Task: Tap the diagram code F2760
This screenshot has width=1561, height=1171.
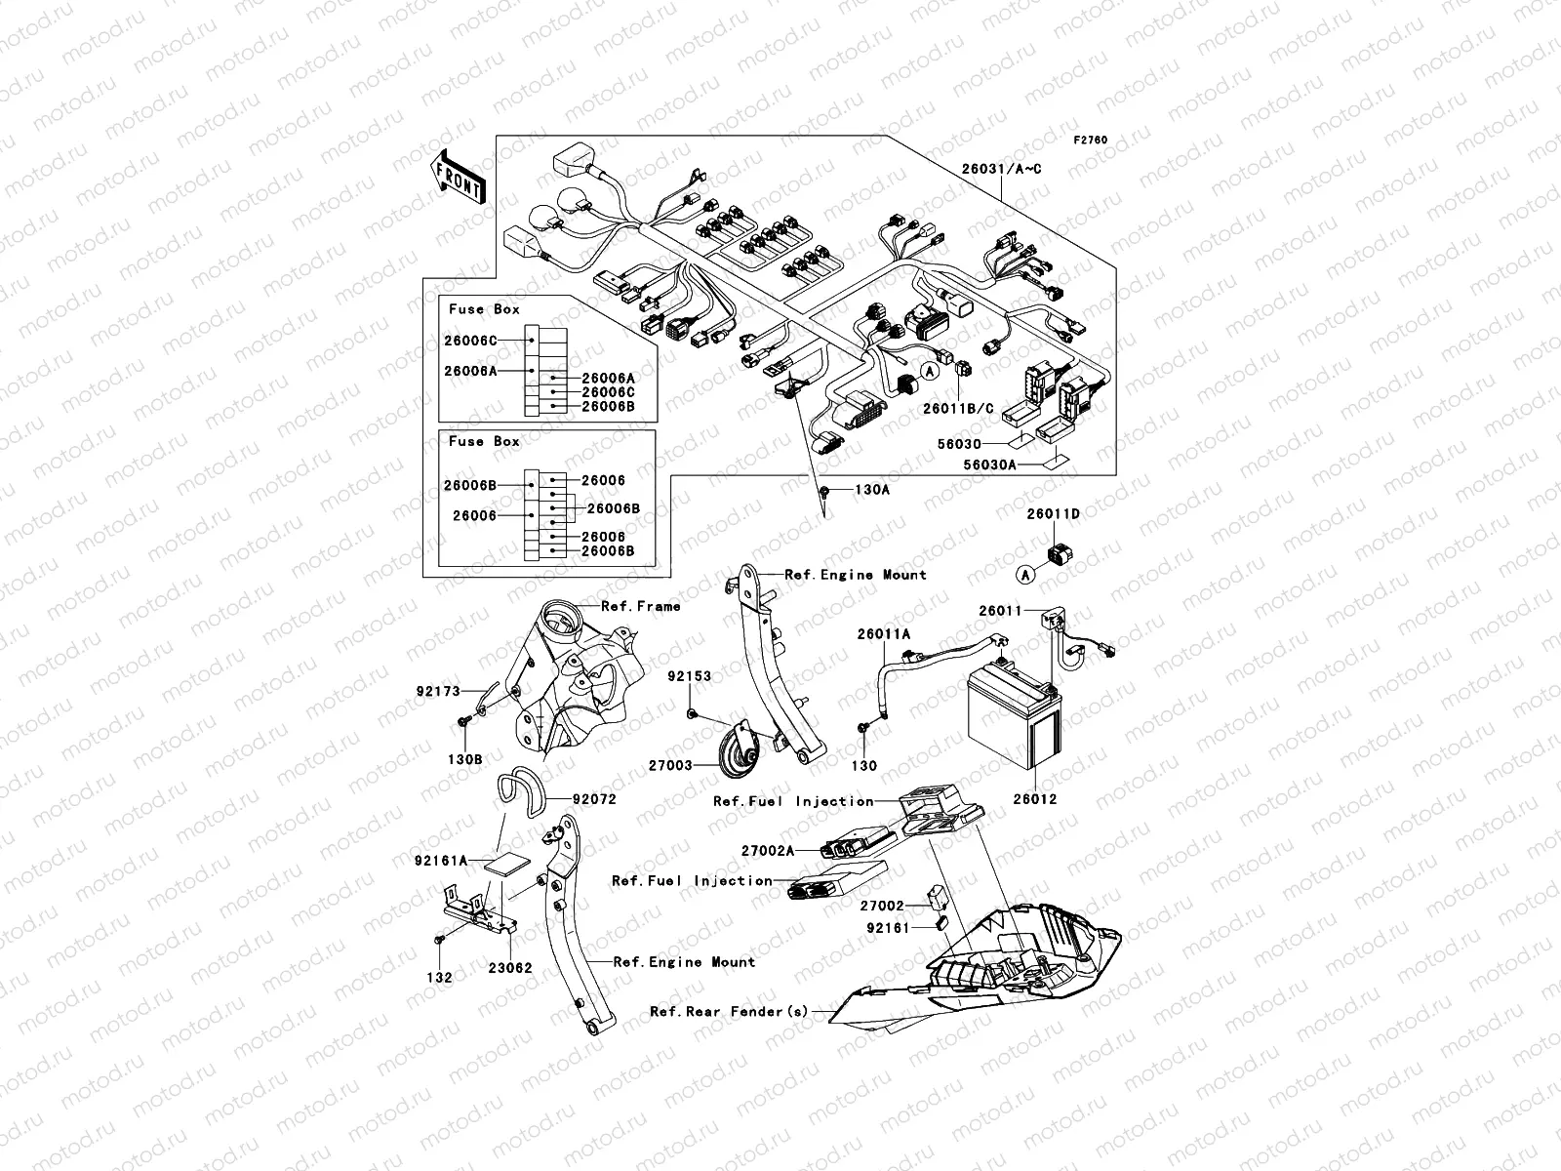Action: (x=1091, y=141)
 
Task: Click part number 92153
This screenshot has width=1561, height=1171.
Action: (x=689, y=675)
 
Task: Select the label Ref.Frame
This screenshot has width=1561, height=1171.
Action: (x=641, y=606)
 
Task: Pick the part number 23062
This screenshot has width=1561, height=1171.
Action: (x=510, y=969)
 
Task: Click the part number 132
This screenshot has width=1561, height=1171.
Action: (x=440, y=977)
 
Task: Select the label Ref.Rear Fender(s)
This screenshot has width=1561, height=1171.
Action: (x=729, y=1012)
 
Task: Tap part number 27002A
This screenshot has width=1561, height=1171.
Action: (x=768, y=851)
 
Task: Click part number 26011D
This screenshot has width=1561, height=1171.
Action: (x=1053, y=513)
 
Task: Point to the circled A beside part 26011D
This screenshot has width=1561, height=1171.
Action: (x=1024, y=575)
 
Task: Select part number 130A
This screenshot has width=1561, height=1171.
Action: (x=872, y=490)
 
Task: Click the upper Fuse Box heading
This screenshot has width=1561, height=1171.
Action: (x=484, y=309)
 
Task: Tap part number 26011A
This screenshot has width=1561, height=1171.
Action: (x=884, y=634)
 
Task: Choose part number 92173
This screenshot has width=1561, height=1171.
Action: (x=437, y=691)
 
